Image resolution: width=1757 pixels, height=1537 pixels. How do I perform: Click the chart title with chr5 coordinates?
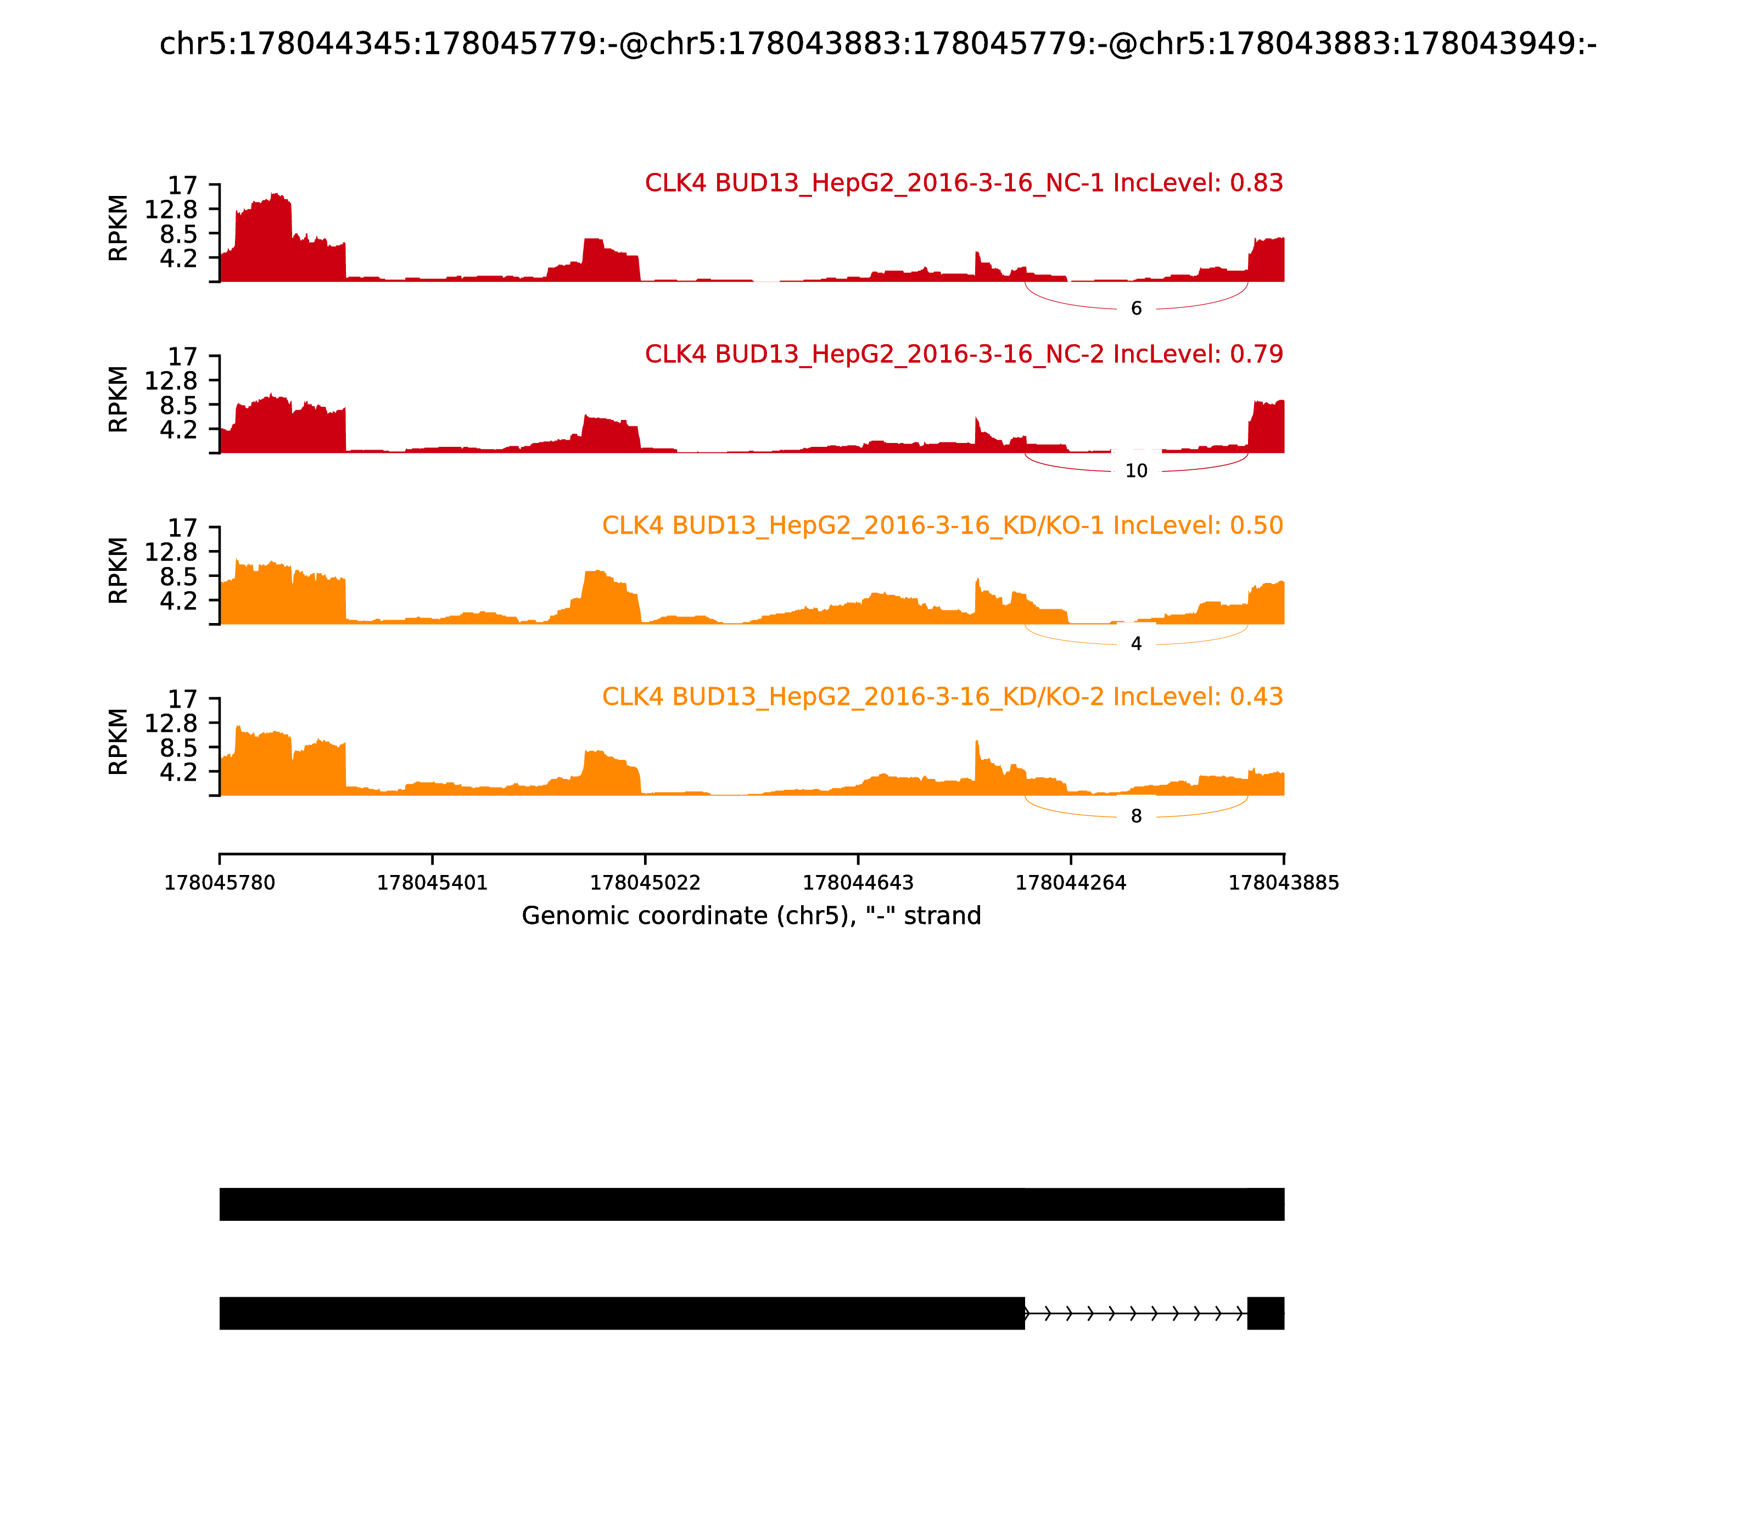point(877,44)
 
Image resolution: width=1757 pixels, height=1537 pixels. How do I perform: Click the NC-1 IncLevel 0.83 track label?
point(964,183)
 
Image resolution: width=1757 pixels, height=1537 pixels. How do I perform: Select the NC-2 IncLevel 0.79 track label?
point(964,354)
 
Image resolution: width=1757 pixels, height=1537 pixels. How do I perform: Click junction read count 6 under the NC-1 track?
point(1136,308)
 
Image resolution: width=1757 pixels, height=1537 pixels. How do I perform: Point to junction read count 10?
point(1136,471)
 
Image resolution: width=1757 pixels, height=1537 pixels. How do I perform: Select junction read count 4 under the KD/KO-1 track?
point(1136,644)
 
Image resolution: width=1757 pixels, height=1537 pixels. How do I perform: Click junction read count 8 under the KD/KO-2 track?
point(1136,817)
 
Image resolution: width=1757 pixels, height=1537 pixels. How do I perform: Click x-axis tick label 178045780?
point(220,883)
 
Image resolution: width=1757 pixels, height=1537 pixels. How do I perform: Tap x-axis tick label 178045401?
point(433,883)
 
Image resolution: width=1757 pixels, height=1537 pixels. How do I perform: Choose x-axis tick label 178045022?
point(645,883)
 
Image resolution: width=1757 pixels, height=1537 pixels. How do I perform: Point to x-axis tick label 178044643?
point(858,883)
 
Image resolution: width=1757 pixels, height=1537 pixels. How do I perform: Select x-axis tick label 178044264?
point(1071,883)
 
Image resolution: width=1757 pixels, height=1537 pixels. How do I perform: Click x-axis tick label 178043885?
point(1284,883)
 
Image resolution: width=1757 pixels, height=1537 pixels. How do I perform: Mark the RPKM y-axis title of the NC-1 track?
point(119,228)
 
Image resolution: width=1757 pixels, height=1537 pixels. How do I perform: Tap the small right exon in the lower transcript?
point(1266,1313)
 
